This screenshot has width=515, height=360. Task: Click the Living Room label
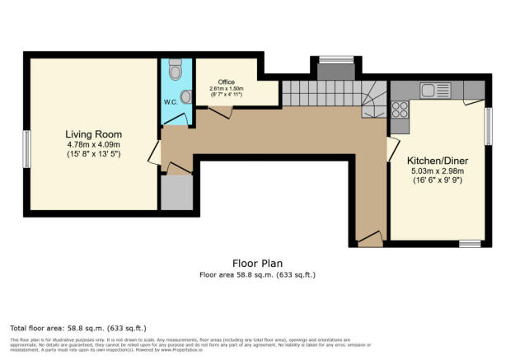click(x=94, y=133)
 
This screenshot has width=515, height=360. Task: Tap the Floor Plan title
click(x=257, y=264)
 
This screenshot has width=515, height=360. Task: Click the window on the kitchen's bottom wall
click(x=470, y=243)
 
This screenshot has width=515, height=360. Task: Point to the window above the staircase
click(x=335, y=58)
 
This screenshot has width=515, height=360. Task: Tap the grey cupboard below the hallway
click(x=176, y=193)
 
